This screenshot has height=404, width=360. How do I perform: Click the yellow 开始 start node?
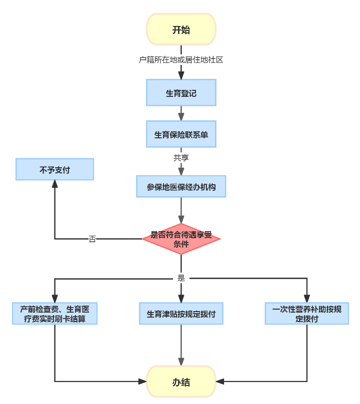tap(181, 29)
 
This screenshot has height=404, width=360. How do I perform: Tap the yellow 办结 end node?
tap(181, 382)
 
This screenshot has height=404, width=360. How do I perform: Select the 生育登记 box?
tap(181, 92)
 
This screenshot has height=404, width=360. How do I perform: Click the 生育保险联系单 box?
tap(181, 134)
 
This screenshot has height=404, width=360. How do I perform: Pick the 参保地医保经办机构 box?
tap(181, 187)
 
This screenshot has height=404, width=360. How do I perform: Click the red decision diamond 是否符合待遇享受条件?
tap(181, 239)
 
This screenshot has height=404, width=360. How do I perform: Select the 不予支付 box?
tap(54, 169)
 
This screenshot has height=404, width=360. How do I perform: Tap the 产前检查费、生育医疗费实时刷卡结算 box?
tap(54, 314)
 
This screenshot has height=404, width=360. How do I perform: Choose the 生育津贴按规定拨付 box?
tap(181, 314)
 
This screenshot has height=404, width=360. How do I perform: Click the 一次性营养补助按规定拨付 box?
tap(307, 314)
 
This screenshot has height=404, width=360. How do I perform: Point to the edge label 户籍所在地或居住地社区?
tap(181, 60)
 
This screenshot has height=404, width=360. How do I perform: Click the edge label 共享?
tap(181, 157)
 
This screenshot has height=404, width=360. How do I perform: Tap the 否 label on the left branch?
tap(92, 239)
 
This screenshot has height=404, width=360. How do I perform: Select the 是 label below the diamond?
tap(181, 278)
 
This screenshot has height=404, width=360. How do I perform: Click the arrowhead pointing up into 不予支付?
tap(54, 184)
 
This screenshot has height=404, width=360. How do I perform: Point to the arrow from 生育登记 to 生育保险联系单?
tap(181, 113)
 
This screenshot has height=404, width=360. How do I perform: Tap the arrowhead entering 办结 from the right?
tap(220, 382)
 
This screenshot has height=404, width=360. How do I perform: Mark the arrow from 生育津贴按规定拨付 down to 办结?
tap(181, 345)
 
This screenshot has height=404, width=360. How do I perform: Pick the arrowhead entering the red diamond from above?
tap(181, 220)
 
